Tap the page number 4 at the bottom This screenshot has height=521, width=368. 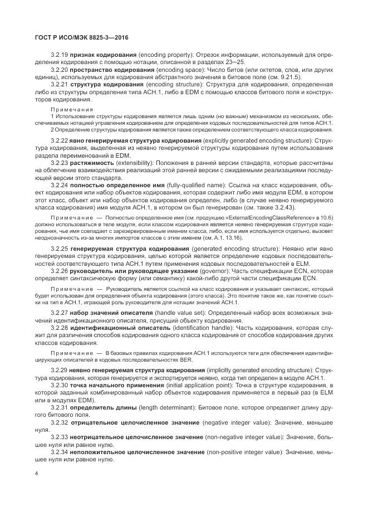(x=36, y=474)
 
